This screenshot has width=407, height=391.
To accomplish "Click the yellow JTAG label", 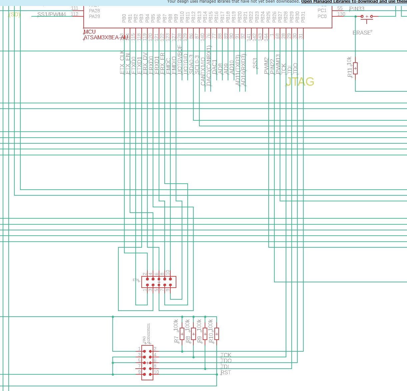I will point(300,82).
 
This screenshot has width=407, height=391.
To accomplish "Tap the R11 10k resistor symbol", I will point(355,68).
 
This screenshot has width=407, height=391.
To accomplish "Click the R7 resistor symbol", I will point(182,333).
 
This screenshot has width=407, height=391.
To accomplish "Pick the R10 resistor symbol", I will point(217,333).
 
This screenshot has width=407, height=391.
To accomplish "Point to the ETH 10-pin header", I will point(159,282).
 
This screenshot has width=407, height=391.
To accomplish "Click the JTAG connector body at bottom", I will point(147,363).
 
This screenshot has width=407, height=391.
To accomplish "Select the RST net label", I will point(226,372).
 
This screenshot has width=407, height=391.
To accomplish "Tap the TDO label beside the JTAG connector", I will point(226,361).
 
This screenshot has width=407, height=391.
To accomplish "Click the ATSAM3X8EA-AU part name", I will point(106,38).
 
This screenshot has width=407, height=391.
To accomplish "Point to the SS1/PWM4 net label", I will point(52,14).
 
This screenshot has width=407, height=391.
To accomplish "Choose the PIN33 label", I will point(357,9).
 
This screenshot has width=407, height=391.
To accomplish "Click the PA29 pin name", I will point(94,16).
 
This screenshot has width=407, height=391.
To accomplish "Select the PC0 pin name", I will point(322,16).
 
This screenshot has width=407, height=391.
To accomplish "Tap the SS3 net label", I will point(255,63).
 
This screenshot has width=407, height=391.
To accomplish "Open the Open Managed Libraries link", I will point(354,2).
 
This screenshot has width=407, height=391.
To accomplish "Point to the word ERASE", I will point(362,33).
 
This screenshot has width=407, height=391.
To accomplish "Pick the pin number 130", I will point(341,14).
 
